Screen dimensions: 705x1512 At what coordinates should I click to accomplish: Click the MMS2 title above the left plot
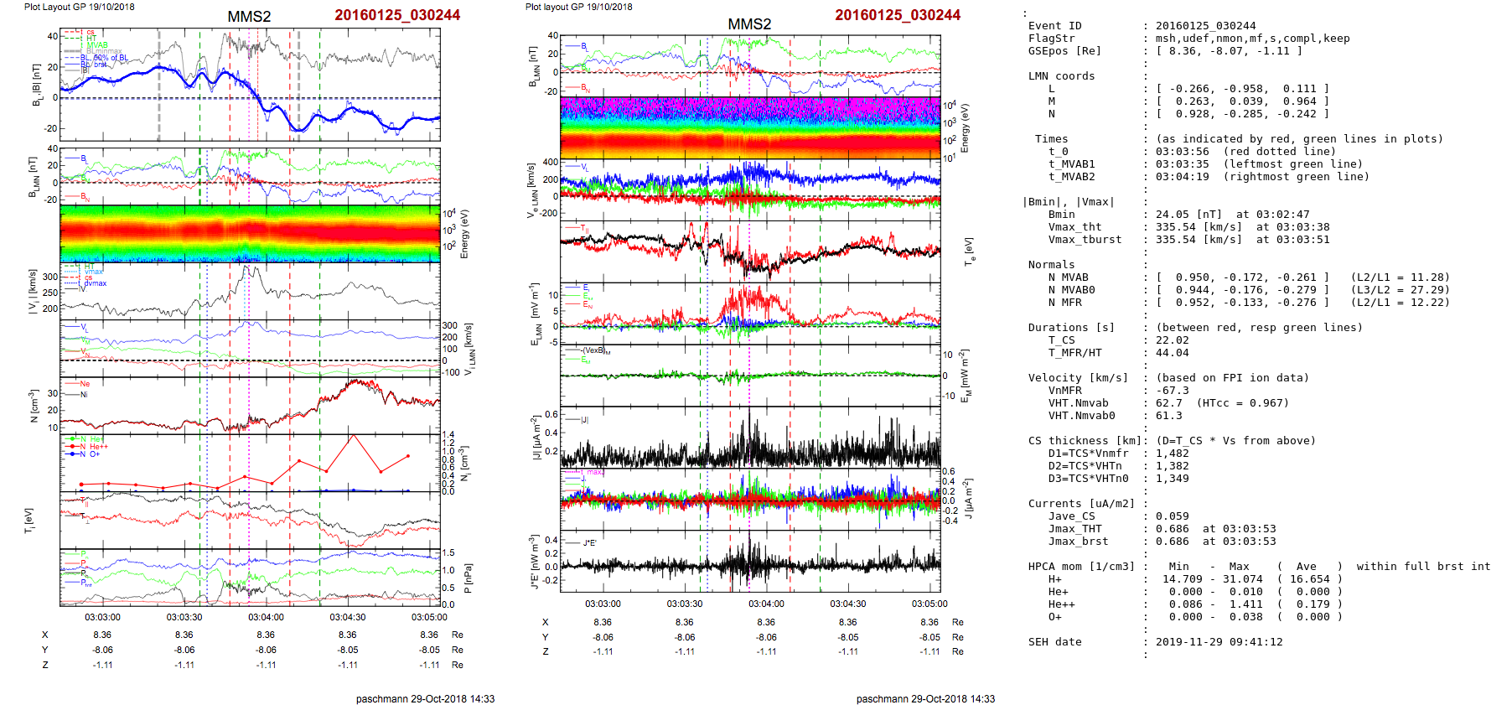(x=249, y=17)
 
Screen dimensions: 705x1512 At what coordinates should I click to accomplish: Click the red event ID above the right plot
(x=897, y=15)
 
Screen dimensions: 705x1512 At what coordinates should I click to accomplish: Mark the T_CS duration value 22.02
(x=1172, y=340)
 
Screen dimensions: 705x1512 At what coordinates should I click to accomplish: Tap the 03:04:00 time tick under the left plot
(x=266, y=618)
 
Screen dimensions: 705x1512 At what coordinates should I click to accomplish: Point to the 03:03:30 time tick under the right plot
(x=684, y=604)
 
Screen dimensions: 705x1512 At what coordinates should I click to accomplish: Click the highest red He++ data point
(x=354, y=436)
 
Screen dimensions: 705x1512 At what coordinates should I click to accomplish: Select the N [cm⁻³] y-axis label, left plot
(x=33, y=406)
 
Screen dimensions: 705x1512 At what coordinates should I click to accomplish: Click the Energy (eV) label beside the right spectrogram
(x=965, y=128)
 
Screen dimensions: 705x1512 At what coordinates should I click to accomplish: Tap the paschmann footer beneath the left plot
(x=425, y=698)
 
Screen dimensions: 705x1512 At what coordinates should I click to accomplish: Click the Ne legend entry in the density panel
(x=84, y=384)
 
